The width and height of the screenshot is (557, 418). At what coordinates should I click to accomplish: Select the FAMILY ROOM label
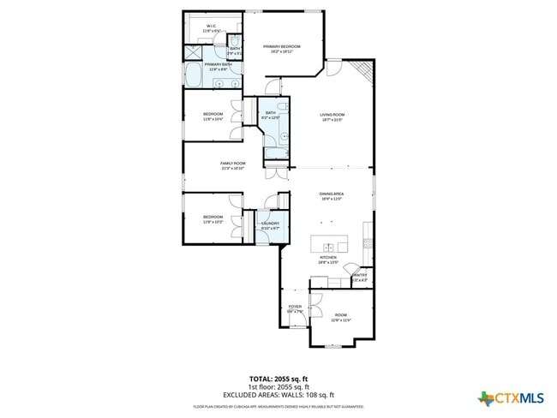pos(232,164)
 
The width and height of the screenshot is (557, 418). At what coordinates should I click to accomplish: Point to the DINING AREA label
pos(332,194)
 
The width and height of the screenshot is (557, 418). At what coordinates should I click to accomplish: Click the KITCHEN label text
pos(328,258)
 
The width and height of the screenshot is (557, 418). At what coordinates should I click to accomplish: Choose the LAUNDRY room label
pos(259,224)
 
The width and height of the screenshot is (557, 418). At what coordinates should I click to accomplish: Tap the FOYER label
pos(295,307)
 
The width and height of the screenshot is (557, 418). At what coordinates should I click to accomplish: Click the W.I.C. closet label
pos(211,27)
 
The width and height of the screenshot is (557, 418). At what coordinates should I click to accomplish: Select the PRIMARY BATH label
pos(218,64)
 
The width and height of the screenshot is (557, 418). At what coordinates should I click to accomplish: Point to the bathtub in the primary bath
pos(193,75)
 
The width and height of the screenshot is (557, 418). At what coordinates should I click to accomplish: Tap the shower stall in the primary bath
pos(194,52)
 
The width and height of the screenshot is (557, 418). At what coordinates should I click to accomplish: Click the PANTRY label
pos(360,276)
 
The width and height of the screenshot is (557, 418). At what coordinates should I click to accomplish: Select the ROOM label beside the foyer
pos(341,317)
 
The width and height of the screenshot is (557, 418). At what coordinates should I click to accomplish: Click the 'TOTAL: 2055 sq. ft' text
pos(278,378)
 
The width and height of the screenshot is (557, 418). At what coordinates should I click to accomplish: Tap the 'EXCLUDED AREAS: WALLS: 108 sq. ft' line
pos(278,395)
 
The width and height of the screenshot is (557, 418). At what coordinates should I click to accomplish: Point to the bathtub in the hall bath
pos(276,154)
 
